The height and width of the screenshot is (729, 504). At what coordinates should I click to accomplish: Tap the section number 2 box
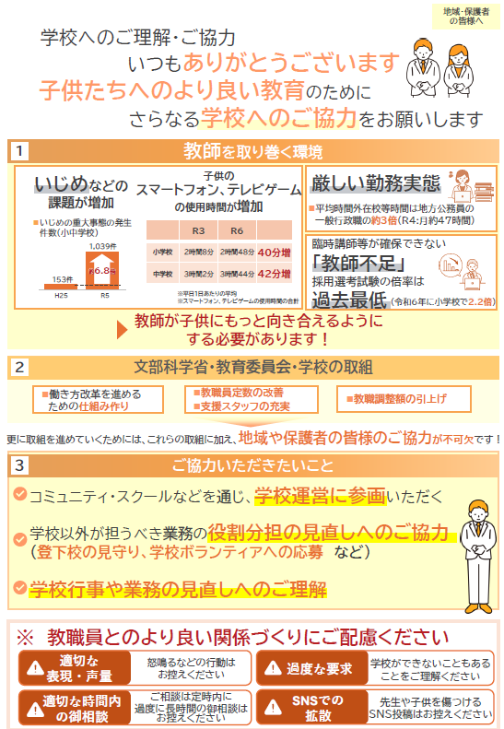pyautogui.click(x=19, y=367)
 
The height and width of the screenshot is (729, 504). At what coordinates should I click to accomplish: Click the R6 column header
pyautogui.click(x=237, y=229)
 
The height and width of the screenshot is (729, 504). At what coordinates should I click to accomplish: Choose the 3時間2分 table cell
pyautogui.click(x=198, y=274)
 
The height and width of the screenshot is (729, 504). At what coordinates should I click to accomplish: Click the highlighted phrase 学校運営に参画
pyautogui.click(x=319, y=496)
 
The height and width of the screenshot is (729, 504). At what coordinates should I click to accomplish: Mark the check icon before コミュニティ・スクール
pyautogui.click(x=19, y=495)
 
